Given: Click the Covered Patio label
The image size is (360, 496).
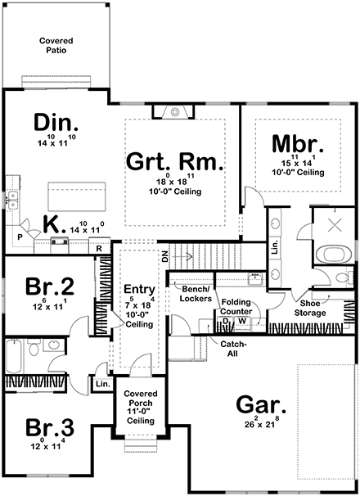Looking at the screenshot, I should coord(56,44).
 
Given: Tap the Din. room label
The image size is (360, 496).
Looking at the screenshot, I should coord(56,124).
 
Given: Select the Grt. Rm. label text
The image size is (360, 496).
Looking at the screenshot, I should coord(174,161).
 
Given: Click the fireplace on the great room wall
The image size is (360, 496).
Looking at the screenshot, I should coord(173,112).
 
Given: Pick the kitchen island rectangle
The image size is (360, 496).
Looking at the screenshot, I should coord(72,197).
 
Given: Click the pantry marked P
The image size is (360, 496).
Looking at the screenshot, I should coord(20,235).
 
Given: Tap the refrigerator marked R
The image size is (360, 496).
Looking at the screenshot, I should coord(98,248).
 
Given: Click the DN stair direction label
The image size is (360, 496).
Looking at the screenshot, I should coord(164,257).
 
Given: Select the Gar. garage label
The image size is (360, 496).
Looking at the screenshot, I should coord(261,404).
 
